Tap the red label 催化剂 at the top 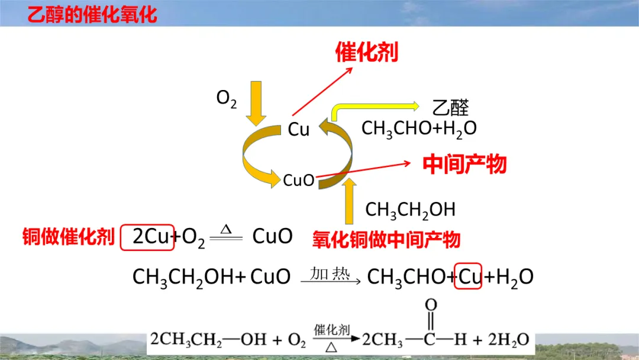click(366, 52)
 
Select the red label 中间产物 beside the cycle click(464, 164)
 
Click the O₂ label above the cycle click(227, 98)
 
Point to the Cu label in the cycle click(299, 130)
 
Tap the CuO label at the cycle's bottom click(299, 180)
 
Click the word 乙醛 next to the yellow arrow click(451, 107)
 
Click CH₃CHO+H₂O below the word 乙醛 click(419, 128)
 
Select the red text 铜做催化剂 click(68, 237)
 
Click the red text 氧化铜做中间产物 click(386, 239)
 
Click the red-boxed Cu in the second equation click(468, 277)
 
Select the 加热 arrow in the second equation click(331, 278)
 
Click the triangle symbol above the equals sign click(225, 228)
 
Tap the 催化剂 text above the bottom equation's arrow click(332, 330)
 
